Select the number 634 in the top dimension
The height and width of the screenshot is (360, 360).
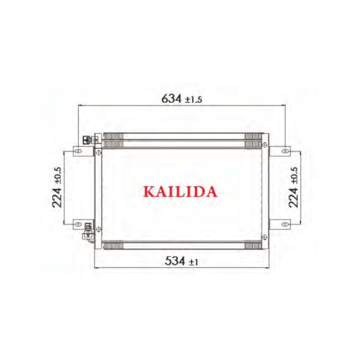point(171,99)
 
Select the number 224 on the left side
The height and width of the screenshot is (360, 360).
point(57,197)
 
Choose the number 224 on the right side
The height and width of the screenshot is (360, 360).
point(293,197)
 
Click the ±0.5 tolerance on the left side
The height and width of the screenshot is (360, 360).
point(58,176)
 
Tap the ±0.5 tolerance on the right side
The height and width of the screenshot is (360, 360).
point(294,176)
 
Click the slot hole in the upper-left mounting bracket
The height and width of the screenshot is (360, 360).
point(78,151)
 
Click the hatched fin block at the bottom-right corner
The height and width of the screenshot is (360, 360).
point(253,245)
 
